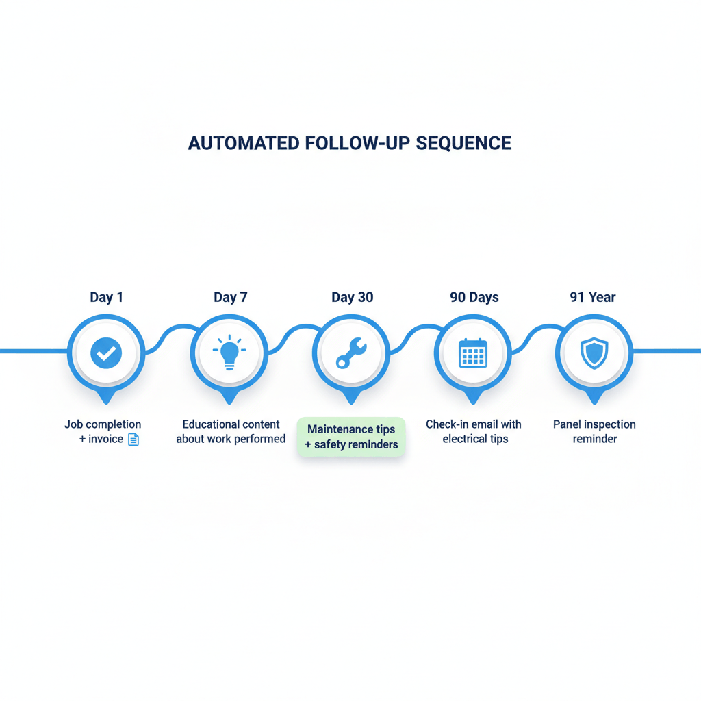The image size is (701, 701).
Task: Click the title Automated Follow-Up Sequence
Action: point(350,143)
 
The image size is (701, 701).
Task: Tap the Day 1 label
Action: point(106,297)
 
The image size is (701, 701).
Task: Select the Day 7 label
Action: point(230,297)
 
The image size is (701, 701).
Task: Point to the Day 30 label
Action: point(352,297)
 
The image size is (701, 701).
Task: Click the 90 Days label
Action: point(474,297)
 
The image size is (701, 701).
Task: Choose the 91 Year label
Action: point(593,297)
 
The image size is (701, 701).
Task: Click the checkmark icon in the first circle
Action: point(106,353)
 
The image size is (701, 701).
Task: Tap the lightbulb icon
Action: point(229,353)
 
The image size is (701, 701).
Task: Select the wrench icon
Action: point(351,354)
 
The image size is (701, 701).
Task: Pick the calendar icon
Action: point(473,353)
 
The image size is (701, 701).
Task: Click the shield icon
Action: point(594,353)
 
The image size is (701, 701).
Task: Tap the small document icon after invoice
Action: point(133,439)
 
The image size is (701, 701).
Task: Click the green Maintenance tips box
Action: point(351,437)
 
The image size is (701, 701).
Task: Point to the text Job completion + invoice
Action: point(103,431)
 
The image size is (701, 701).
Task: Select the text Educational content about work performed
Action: point(231,431)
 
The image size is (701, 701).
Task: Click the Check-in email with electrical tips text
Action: point(474,431)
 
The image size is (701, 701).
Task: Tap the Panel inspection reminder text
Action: point(594,431)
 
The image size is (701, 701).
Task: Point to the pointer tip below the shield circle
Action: point(594,399)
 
